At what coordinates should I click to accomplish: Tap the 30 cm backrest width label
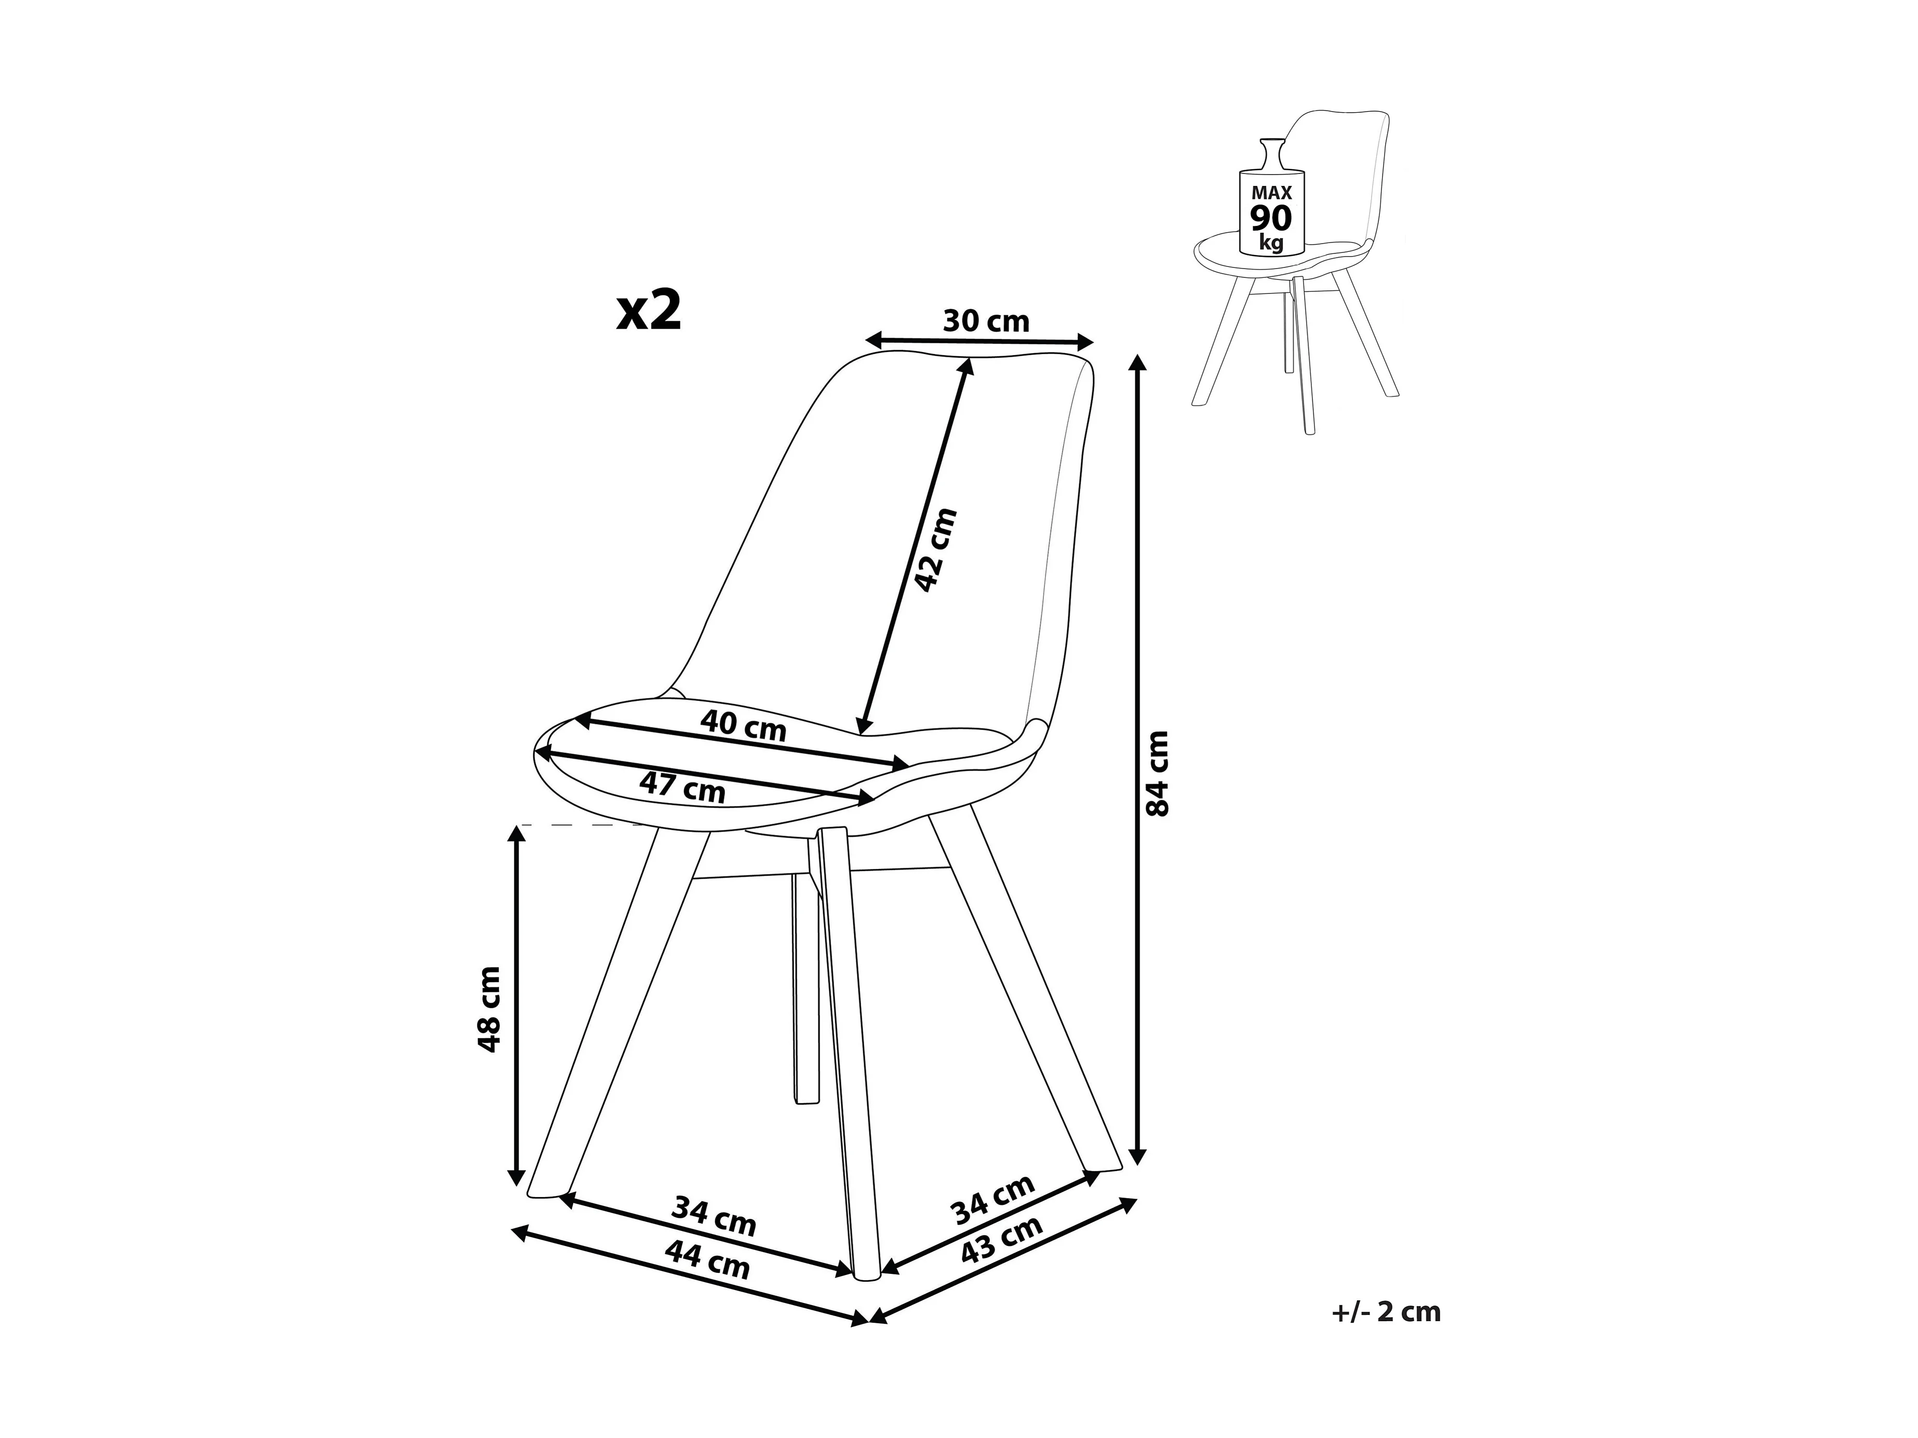click(985, 321)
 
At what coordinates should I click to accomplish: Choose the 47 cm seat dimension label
click(682, 786)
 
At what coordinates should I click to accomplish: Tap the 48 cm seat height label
click(489, 1009)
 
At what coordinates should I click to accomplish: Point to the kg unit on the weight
click(1271, 242)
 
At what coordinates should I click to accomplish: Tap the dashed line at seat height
click(589, 825)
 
